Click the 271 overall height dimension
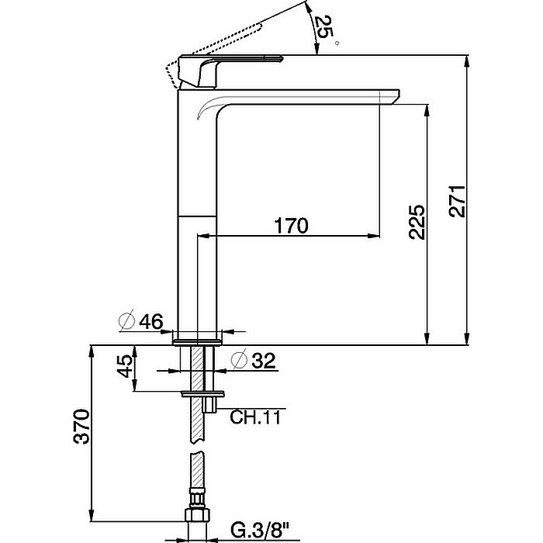tap(457, 202)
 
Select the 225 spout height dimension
tap(417, 222)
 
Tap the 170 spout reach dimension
tap(291, 226)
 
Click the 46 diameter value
tap(151, 322)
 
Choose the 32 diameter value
tap(264, 361)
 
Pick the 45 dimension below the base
tap(125, 366)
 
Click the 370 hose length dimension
tap(81, 427)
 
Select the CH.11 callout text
tap(255, 417)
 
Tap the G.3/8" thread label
tap(260, 531)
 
